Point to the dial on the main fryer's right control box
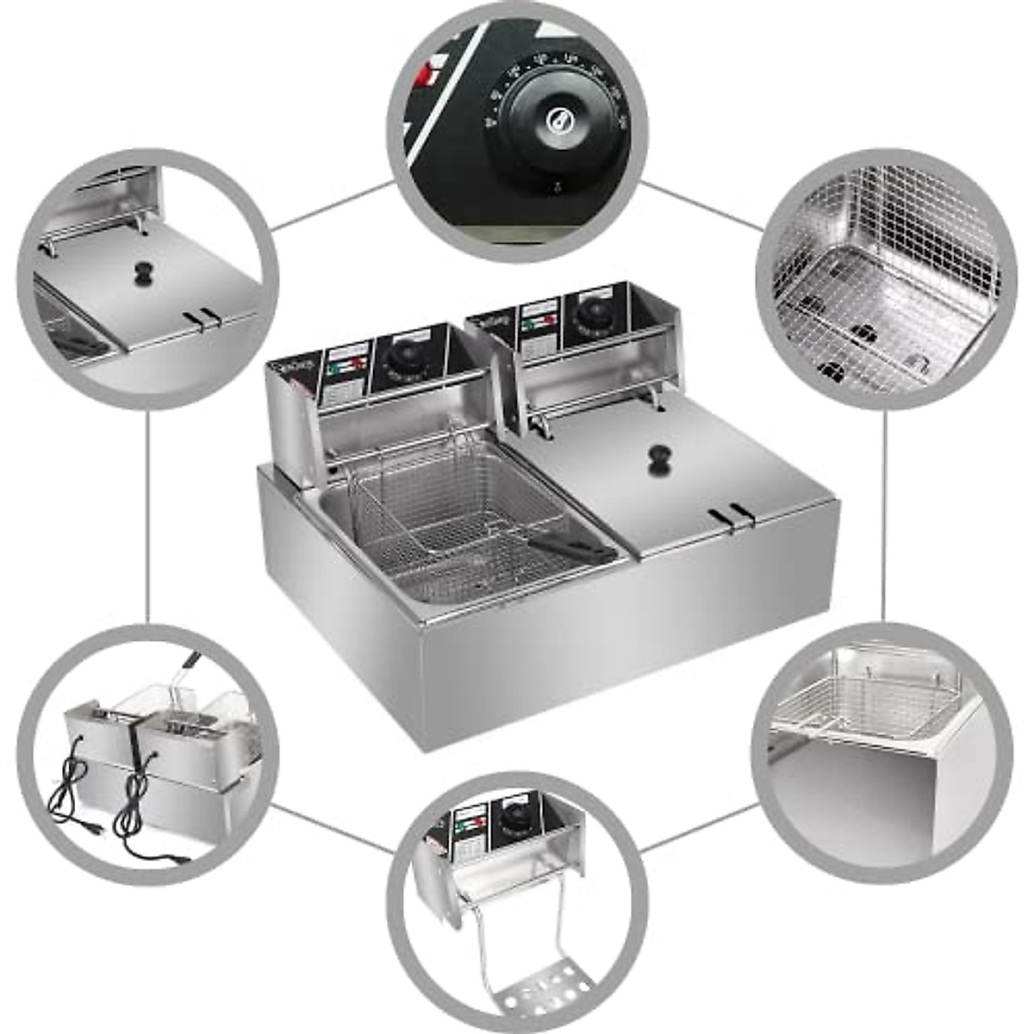point(591,313)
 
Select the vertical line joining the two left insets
point(148,517)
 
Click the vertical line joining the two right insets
point(885,517)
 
